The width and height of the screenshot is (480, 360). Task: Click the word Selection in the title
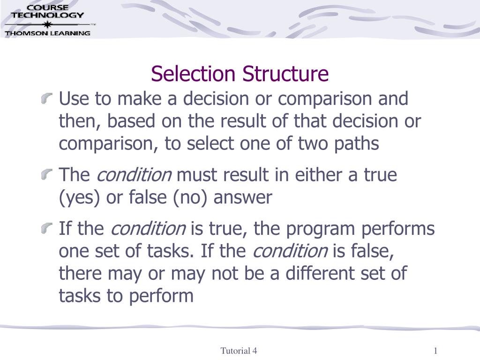pyautogui.click(x=193, y=74)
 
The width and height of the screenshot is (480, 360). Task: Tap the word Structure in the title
pyautogui.click(x=285, y=74)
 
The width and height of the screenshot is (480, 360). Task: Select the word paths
pyautogui.click(x=357, y=144)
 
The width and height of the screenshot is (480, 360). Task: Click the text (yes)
pyautogui.click(x=79, y=198)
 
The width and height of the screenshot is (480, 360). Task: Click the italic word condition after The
pyautogui.click(x=134, y=175)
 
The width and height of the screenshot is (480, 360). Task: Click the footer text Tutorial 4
pyautogui.click(x=239, y=351)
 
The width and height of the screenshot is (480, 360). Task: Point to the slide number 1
pyautogui.click(x=435, y=351)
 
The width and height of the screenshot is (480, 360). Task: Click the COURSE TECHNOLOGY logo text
pyautogui.click(x=47, y=12)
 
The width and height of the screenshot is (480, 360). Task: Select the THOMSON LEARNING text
pyautogui.click(x=47, y=33)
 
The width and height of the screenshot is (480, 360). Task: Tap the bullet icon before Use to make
pyautogui.click(x=46, y=98)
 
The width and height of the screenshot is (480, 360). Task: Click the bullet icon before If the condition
pyautogui.click(x=46, y=228)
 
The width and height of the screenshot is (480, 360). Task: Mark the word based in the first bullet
pyautogui.click(x=131, y=121)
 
